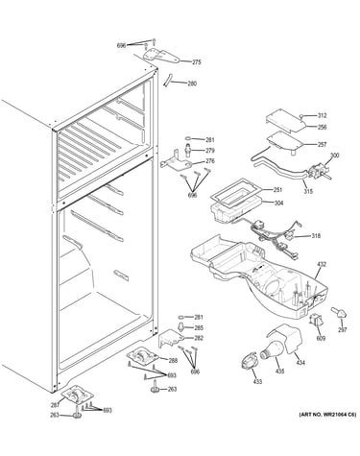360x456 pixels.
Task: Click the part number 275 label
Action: coord(197,62)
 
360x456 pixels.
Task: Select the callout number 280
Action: coord(192,84)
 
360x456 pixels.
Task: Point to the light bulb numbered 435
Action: coord(272,350)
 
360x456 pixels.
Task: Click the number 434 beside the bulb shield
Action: coord(300,363)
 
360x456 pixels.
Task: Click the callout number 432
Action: coord(322,264)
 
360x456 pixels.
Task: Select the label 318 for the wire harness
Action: coord(316,236)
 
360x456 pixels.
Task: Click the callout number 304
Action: coord(278,203)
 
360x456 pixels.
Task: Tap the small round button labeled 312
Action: coord(301,116)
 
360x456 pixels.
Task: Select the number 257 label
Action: coord(322,145)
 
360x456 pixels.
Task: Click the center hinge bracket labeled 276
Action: coord(176,162)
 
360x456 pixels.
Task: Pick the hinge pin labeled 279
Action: coord(187,150)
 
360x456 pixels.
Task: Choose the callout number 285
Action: coord(199,328)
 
